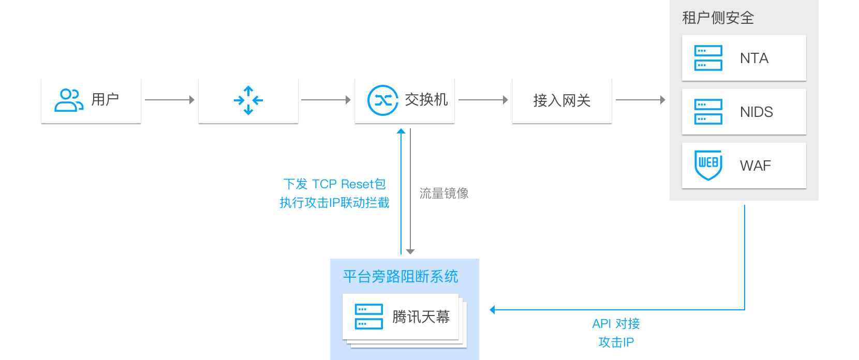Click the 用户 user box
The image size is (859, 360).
pos(91,100)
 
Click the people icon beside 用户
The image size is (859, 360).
pos(69,100)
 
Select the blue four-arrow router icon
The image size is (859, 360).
pos(248,100)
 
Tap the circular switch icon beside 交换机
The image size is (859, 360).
pos(382,100)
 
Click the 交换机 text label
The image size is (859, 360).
pos(426,99)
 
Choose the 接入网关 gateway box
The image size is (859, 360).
pos(562,100)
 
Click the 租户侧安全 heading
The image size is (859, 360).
pos(718,18)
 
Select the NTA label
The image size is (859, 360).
pos(754,58)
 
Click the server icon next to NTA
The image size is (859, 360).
pos(708,58)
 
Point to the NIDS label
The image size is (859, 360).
pos(756,112)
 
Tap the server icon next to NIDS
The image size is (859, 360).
pos(708,112)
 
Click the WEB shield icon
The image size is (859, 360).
pos(708,165)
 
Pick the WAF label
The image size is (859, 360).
pos(755,166)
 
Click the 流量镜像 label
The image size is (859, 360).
pos(444,193)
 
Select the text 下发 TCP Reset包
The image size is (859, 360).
pos(334,184)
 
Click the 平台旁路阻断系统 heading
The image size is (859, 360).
pos(401,277)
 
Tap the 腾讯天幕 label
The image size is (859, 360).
pos(421,317)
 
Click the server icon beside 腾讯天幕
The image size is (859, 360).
pos(369,317)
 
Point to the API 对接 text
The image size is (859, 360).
pos(616,324)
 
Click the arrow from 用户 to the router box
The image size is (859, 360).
pos(170,100)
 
